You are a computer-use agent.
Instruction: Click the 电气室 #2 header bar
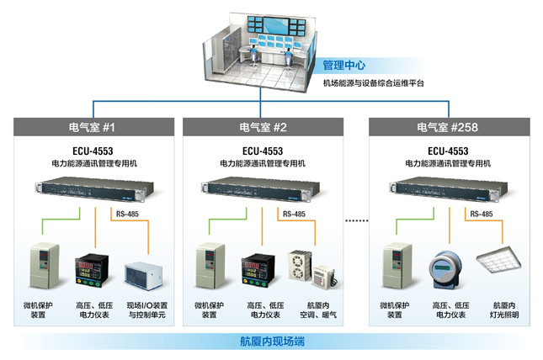(x=264, y=127)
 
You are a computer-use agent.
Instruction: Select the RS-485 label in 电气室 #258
(x=481, y=214)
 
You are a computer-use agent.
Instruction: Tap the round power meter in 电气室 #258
(x=447, y=268)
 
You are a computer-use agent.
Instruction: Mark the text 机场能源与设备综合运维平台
(x=374, y=82)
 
